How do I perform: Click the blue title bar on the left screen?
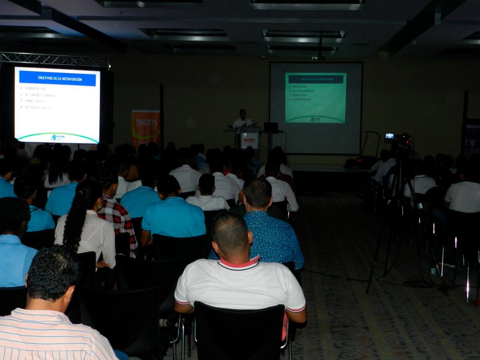(x=58, y=78)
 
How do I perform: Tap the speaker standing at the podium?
(x=242, y=120)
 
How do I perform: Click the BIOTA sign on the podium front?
(x=250, y=140)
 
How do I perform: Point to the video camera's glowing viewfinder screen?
(x=389, y=136)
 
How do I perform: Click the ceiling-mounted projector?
(x=318, y=58)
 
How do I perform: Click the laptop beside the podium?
(x=271, y=127)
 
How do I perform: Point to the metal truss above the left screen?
(x=55, y=59)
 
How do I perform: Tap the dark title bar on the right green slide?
(x=316, y=79)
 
